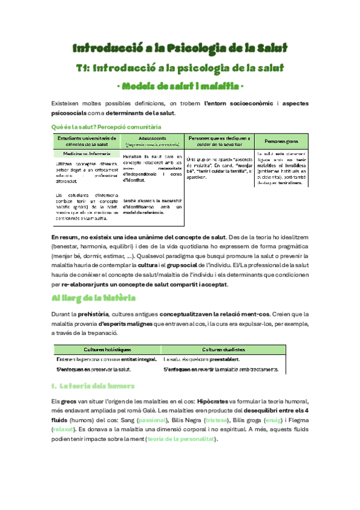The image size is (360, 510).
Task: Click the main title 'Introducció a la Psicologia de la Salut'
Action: [180, 47]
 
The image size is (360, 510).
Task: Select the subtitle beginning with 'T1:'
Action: [180, 69]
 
